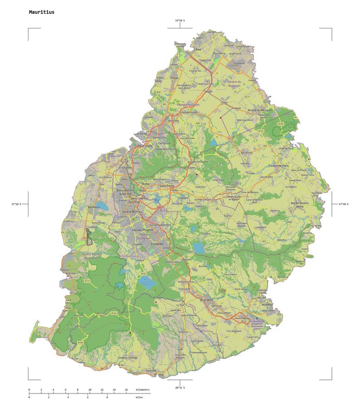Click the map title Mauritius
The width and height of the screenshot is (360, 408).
41,12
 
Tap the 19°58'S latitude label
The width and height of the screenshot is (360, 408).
180,20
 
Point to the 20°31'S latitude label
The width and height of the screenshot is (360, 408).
180,388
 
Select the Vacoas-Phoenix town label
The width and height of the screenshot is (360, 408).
142,230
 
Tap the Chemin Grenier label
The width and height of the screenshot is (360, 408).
128,358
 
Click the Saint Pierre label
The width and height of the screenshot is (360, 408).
167,186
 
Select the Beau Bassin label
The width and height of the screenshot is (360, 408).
125,190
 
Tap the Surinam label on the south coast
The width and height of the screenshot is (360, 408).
151,371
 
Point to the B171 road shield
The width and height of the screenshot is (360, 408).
248,97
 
